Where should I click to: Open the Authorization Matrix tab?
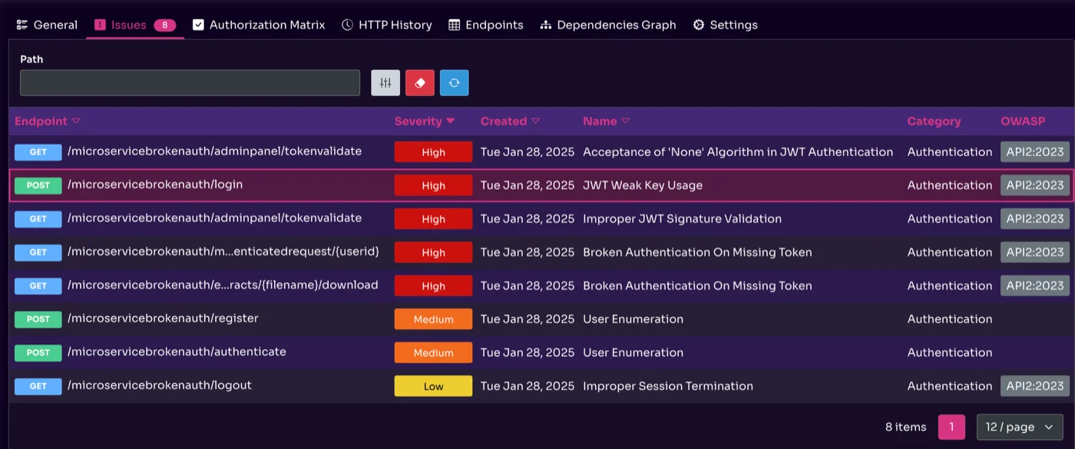coord(259,25)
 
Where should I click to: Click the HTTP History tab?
coord(387,25)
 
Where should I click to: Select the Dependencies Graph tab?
coord(608,25)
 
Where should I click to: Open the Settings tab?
coord(725,25)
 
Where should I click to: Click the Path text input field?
coord(190,83)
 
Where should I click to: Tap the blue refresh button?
coord(454,83)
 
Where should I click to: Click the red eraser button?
coord(420,83)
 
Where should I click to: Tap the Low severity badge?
coord(433,386)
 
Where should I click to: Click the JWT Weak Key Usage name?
coord(642,185)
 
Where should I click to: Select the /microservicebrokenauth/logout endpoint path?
coord(160,385)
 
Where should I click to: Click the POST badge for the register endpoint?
coord(38,319)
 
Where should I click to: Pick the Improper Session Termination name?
coord(667,386)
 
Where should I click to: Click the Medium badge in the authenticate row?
coord(433,353)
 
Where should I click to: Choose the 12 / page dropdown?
coord(1019,427)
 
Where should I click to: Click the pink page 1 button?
coord(951,427)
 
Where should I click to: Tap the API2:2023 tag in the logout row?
coord(1034,386)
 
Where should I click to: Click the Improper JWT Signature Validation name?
coord(682,219)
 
